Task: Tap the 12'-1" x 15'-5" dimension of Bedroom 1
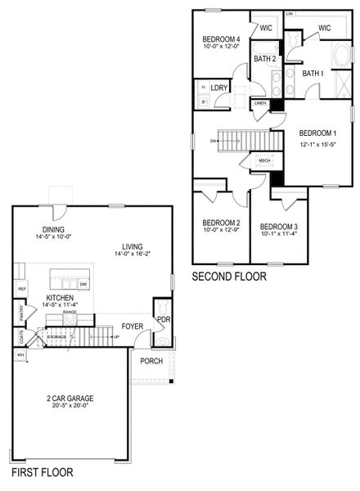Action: click(x=317, y=143)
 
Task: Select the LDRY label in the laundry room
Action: click(x=218, y=88)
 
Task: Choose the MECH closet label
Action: click(x=264, y=160)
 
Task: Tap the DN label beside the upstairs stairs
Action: click(x=214, y=141)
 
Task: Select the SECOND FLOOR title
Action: click(x=229, y=277)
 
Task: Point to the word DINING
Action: click(x=54, y=229)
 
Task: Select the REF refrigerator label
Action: click(x=22, y=289)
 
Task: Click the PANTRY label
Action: click(x=20, y=312)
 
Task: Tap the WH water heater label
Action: click(x=20, y=354)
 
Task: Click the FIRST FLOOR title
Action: click(x=42, y=473)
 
